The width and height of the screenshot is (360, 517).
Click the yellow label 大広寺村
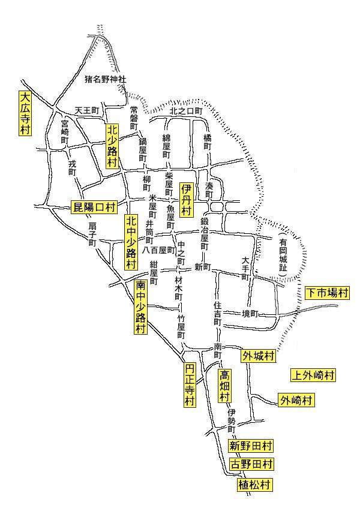[25, 114]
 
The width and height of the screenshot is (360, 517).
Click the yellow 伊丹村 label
[186, 200]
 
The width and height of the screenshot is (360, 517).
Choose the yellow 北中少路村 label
[131, 241]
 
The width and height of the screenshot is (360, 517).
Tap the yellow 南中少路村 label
[141, 306]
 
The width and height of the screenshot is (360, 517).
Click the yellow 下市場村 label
[326, 293]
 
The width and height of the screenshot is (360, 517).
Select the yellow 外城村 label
[258, 356]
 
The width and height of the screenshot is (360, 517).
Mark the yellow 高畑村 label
[224, 386]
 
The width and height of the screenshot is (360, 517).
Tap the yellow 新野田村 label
[251, 446]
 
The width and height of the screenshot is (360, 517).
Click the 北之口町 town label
[187, 112]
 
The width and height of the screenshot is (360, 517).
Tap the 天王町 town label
[86, 111]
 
